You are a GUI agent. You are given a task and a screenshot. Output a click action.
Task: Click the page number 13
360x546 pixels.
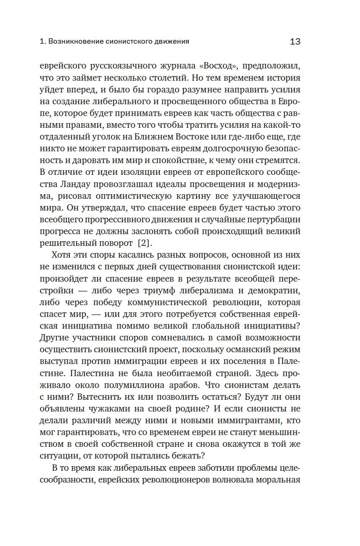(295, 41)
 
